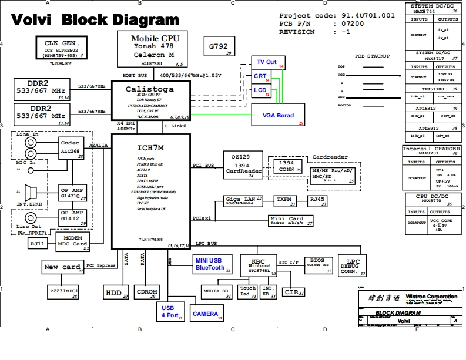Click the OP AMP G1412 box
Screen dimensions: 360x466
tap(73, 217)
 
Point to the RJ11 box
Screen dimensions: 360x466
tap(38, 243)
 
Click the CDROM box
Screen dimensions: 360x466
tap(147, 292)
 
